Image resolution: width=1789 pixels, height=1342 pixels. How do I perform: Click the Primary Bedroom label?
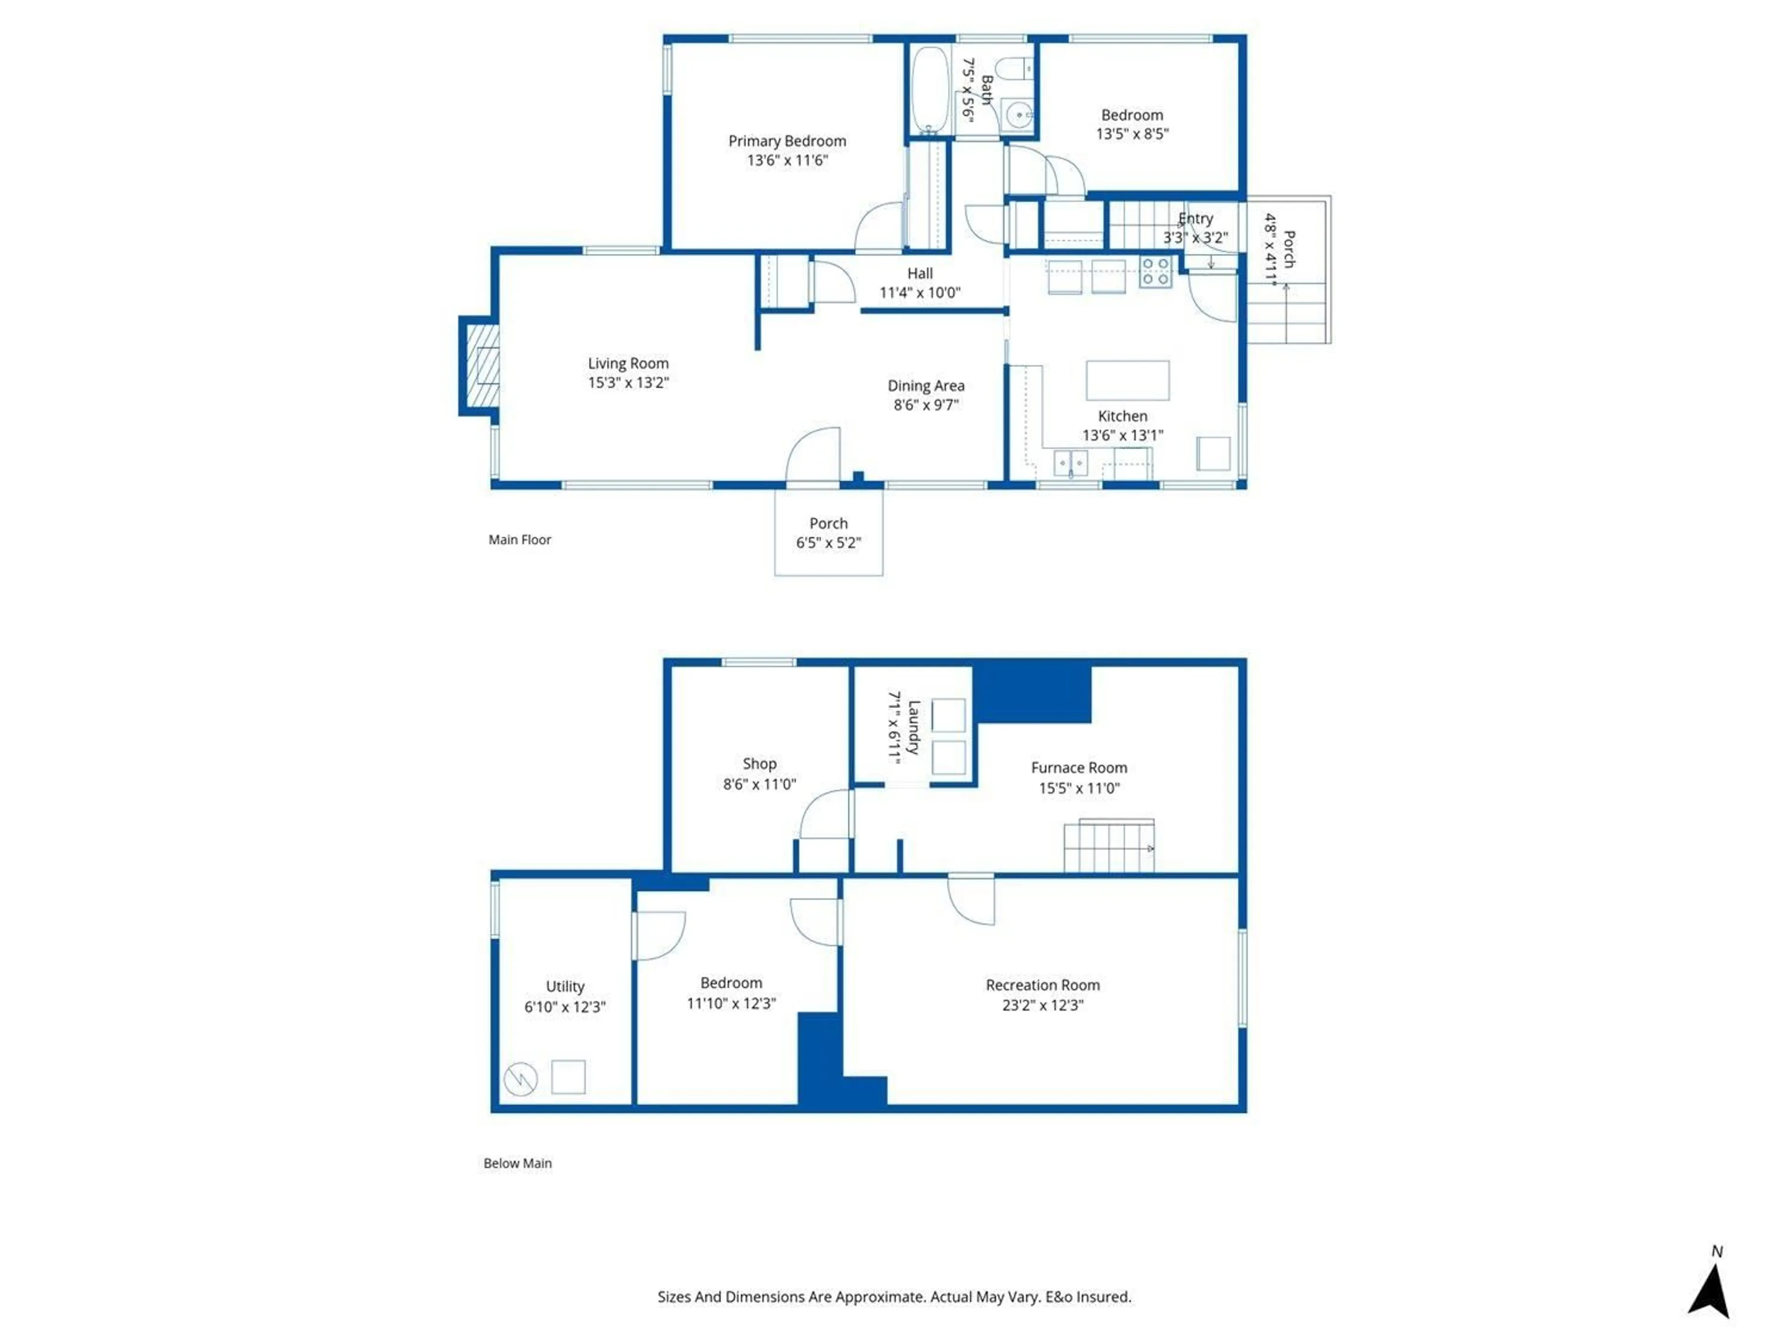coord(787,141)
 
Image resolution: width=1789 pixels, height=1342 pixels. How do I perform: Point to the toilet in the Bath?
coord(1014,69)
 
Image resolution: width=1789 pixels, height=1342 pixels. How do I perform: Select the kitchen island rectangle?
coord(1127,380)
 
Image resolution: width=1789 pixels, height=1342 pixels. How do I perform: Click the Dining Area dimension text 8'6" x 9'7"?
coord(926,404)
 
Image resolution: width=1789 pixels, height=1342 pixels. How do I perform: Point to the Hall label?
coord(920,274)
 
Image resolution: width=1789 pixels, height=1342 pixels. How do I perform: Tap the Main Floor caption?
coord(519,540)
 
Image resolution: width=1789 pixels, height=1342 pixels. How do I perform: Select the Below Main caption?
coord(518,1163)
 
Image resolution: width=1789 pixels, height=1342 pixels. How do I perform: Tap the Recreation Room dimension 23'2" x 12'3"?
coord(1043,1005)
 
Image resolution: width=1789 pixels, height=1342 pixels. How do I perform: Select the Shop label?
coord(759,764)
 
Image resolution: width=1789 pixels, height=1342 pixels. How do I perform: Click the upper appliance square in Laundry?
coord(948,715)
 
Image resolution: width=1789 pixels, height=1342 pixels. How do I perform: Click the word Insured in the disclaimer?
coord(1104,1297)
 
